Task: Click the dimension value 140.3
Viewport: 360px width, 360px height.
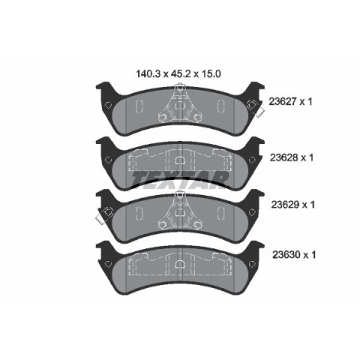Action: click(x=148, y=74)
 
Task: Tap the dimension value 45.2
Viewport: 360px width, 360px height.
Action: click(x=181, y=74)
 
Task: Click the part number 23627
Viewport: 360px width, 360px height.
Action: click(x=283, y=102)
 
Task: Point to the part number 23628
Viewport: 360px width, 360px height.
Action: click(x=283, y=157)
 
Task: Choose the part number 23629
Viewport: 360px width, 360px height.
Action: click(x=285, y=205)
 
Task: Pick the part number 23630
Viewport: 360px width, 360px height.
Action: click(x=286, y=255)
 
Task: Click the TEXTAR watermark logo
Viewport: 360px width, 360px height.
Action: click(x=180, y=178)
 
